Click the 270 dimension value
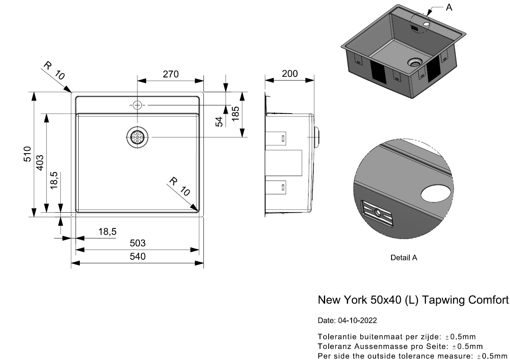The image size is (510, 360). pyautogui.click(x=171, y=74)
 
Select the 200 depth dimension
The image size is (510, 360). pyautogui.click(x=290, y=74)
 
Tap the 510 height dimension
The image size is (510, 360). pyautogui.click(x=27, y=154)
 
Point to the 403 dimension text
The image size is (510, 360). pyautogui.click(x=40, y=163)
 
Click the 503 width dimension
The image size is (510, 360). pyautogui.click(x=137, y=243)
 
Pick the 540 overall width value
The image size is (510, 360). pyautogui.click(x=137, y=257)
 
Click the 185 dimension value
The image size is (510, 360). pyautogui.click(x=236, y=114)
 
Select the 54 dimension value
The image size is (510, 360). pyautogui.click(x=219, y=122)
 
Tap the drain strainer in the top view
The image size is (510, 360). pyautogui.click(x=137, y=137)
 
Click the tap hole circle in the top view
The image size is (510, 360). pyautogui.click(x=137, y=105)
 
